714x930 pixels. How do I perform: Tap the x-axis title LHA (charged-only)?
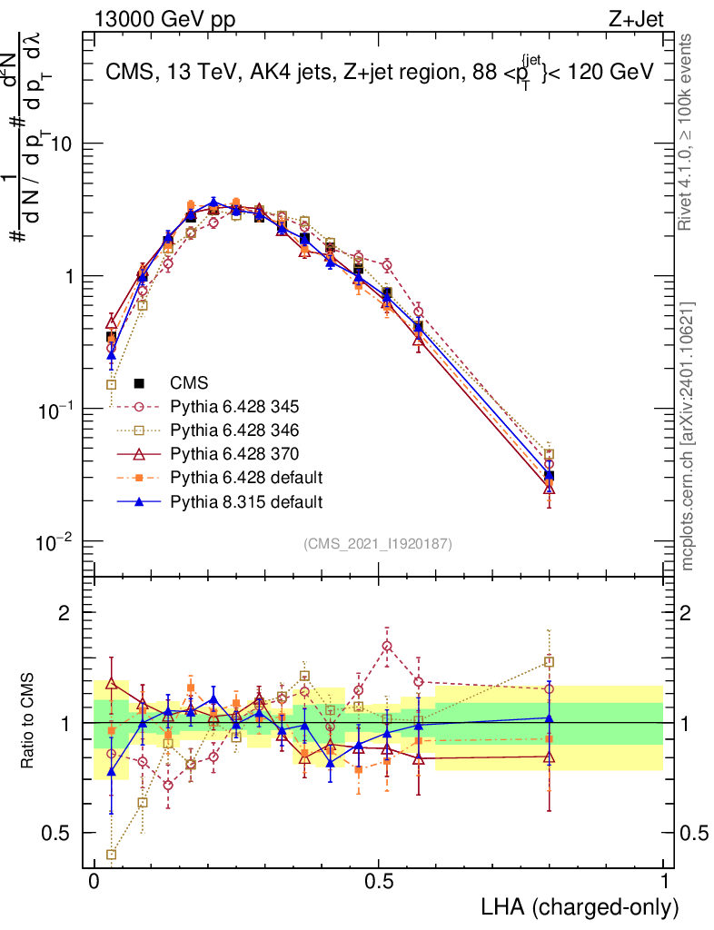coord(580,905)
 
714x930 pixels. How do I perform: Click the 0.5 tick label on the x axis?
coord(379,881)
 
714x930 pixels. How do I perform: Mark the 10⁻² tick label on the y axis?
coord(54,542)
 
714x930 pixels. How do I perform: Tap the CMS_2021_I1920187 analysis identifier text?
coord(378,543)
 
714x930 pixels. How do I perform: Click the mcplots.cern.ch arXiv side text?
coord(689,436)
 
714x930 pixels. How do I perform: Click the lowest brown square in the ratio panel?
coord(112,854)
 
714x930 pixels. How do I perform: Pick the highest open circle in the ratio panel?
coord(388,646)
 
